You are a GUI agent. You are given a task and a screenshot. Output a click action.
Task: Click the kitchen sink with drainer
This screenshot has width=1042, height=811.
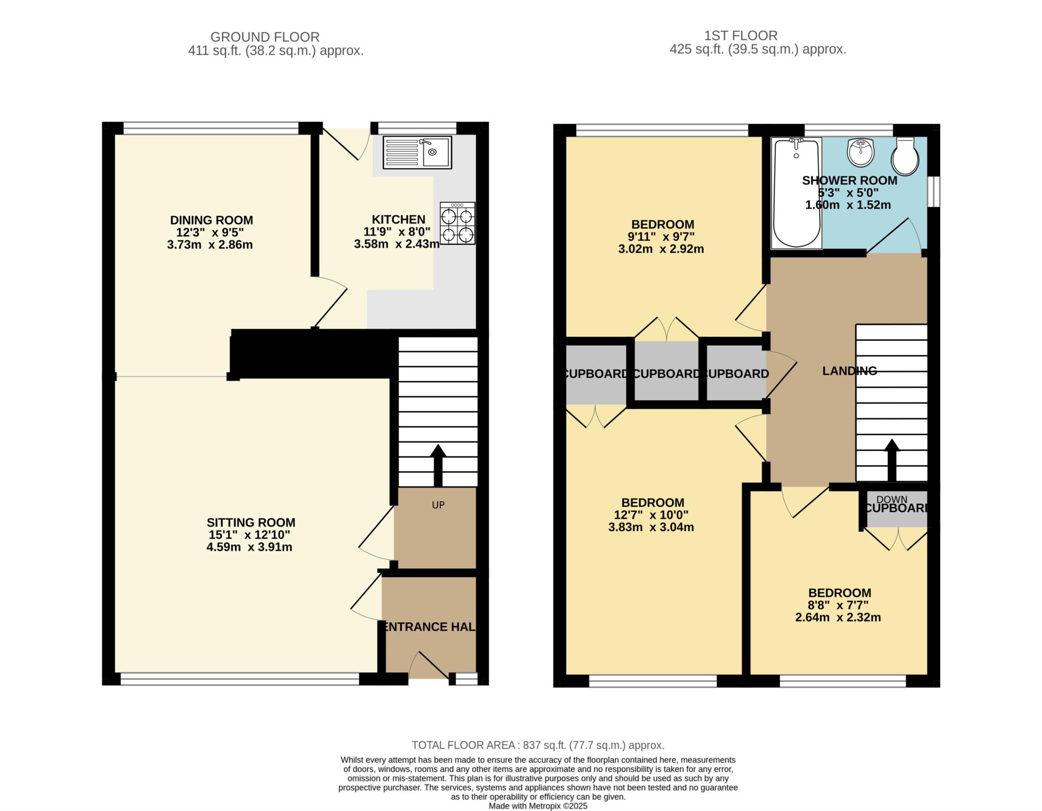click(x=417, y=152)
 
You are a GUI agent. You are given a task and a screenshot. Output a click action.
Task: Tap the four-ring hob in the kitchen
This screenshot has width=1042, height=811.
click(x=457, y=223)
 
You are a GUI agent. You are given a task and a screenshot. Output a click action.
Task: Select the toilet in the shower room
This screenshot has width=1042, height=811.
click(x=905, y=156)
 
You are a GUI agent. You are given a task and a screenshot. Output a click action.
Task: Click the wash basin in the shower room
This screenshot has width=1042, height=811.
click(x=860, y=153)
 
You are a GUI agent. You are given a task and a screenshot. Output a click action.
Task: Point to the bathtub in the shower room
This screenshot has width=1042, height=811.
click(x=796, y=193)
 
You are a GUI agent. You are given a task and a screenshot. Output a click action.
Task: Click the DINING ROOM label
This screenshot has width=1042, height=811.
click(x=211, y=220)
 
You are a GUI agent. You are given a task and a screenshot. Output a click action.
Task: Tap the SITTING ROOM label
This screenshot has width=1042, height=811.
click(x=251, y=523)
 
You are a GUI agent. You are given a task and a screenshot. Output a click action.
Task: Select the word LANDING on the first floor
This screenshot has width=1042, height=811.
click(x=849, y=371)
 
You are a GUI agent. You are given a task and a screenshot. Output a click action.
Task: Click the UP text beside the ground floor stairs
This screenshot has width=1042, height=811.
click(x=438, y=505)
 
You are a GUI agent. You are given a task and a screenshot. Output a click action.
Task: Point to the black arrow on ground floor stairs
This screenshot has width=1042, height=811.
click(x=438, y=465)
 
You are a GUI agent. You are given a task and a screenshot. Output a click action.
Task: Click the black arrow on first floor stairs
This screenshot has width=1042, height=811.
click(x=891, y=459)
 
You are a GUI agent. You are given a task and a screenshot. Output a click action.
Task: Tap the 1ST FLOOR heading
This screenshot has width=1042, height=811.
click(x=740, y=36)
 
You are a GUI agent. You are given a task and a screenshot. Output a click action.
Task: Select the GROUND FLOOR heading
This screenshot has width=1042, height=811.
click(x=265, y=37)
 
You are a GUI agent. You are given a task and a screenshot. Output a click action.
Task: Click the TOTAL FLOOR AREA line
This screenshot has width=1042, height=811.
click(x=538, y=745)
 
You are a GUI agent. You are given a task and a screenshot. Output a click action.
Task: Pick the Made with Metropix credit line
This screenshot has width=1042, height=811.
click(x=538, y=806)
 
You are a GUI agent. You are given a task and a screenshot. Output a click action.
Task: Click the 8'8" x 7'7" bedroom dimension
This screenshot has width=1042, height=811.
click(x=840, y=605)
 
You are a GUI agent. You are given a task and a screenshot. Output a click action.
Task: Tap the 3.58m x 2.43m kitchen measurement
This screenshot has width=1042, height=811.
click(x=397, y=244)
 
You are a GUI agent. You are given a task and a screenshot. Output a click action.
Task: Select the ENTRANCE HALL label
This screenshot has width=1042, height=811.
click(x=429, y=627)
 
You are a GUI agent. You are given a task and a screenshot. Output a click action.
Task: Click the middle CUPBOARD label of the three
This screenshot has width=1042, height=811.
click(x=667, y=374)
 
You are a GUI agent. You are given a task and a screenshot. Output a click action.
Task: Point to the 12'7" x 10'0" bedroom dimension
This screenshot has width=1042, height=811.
click(x=653, y=514)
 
